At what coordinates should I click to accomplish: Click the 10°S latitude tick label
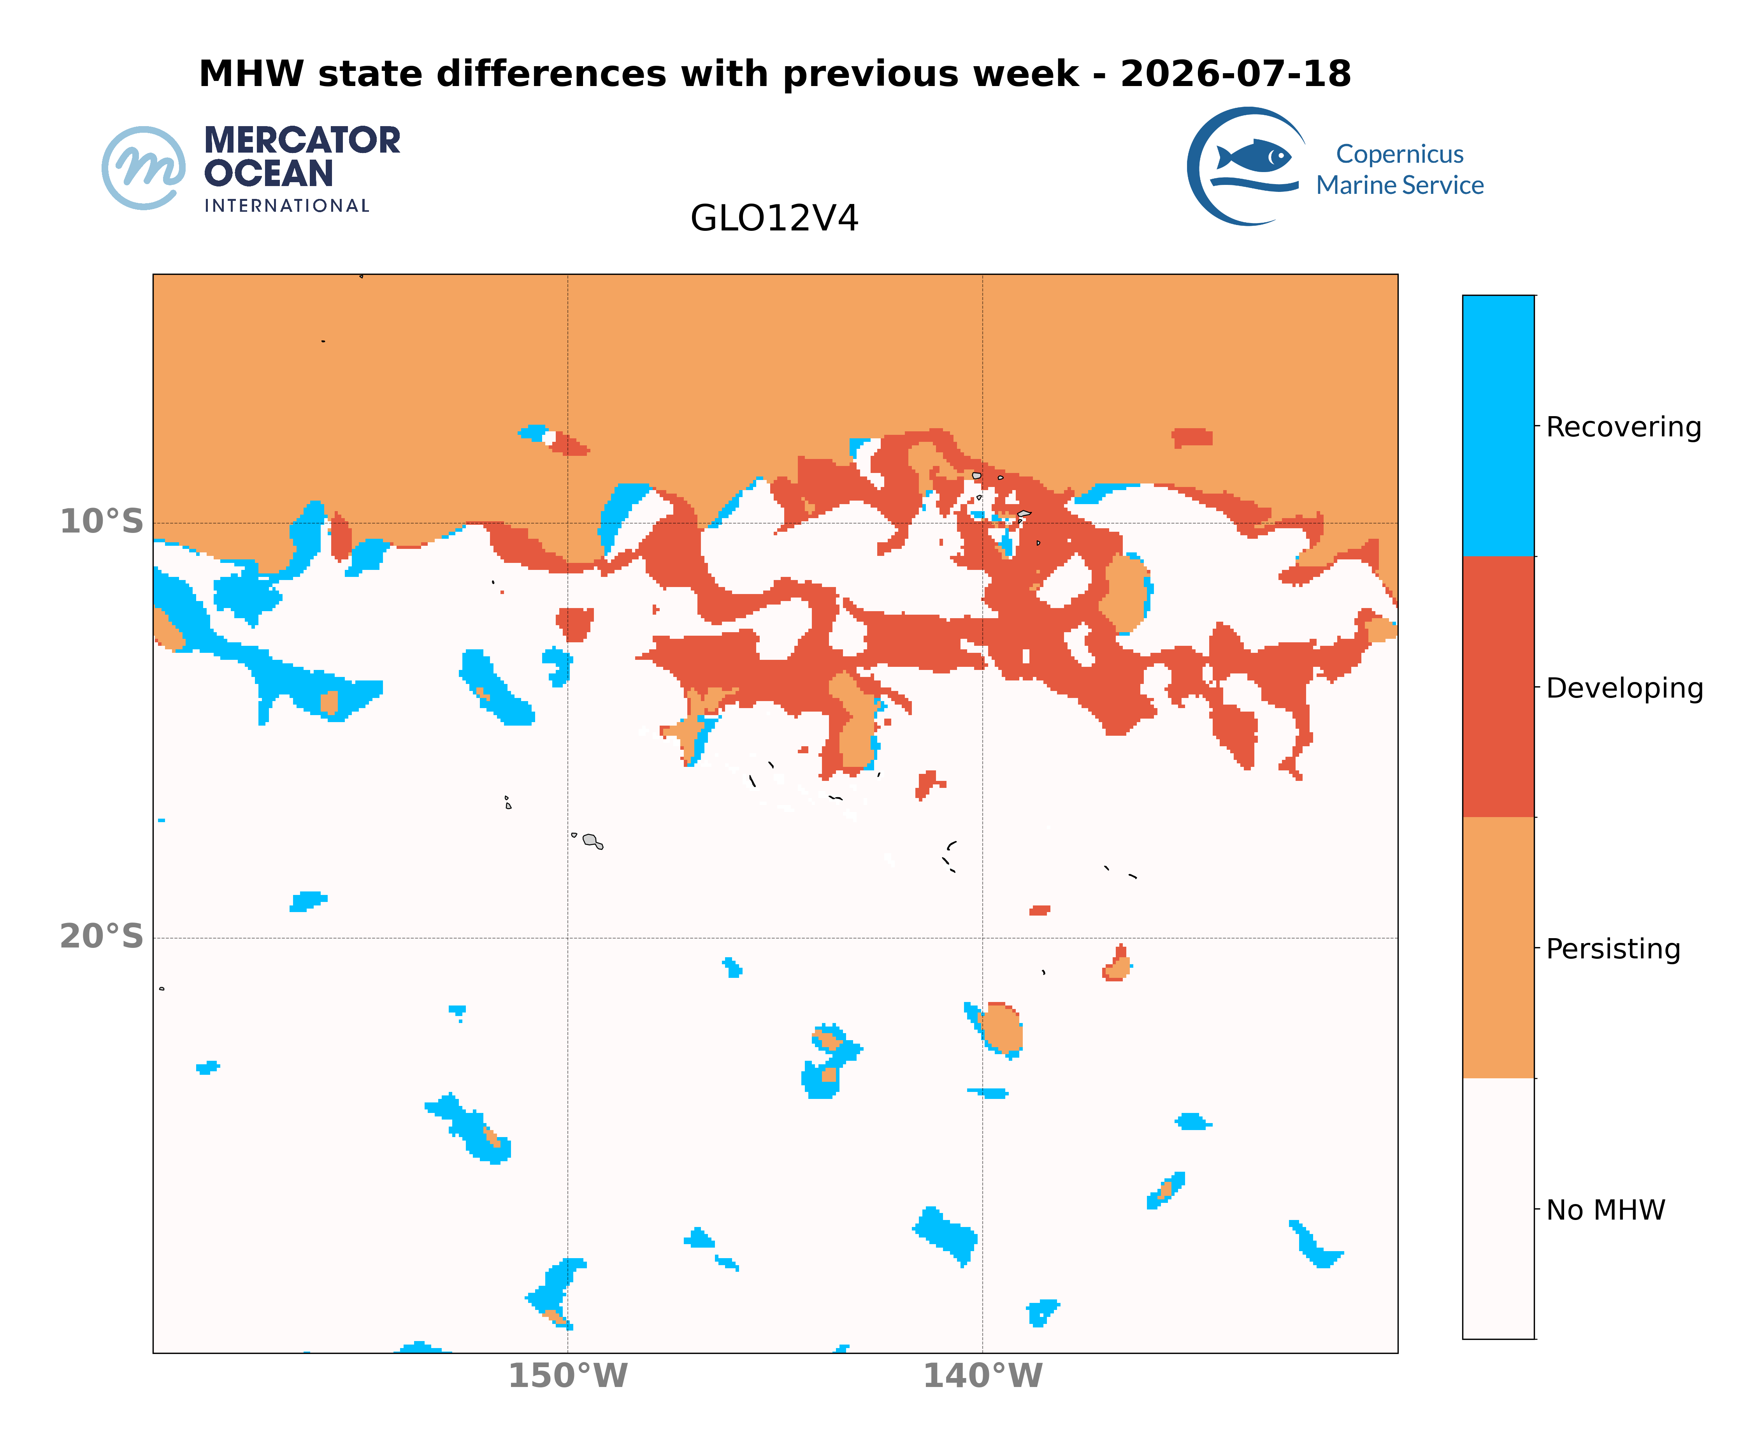(x=101, y=522)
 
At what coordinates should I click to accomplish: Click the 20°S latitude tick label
(x=101, y=937)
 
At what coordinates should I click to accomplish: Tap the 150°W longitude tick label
(x=568, y=1376)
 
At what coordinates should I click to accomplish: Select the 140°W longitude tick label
(x=983, y=1376)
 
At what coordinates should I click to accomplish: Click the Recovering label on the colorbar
(x=1623, y=427)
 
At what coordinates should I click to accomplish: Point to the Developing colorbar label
(x=1624, y=688)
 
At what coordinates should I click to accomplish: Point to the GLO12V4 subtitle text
(x=774, y=218)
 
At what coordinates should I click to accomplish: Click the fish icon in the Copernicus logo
(x=1254, y=156)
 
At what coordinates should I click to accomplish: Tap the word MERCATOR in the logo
(x=302, y=141)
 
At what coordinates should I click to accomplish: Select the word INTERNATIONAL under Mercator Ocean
(x=287, y=206)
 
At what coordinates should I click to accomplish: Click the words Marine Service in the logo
(x=1400, y=185)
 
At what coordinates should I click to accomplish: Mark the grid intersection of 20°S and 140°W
(x=983, y=938)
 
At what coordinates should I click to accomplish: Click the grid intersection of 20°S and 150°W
(x=568, y=938)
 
